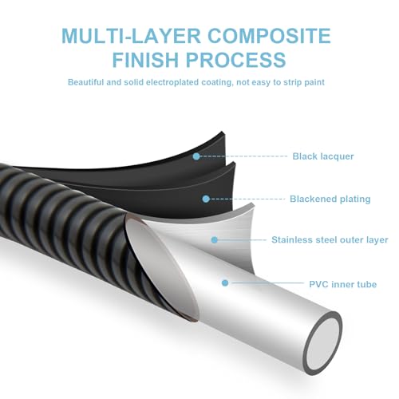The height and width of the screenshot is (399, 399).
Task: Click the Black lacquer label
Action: [322, 156]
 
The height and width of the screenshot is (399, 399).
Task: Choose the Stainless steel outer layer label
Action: [330, 239]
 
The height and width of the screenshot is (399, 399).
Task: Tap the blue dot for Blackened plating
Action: [205, 199]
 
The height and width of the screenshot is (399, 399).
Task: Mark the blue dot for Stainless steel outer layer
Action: [214, 239]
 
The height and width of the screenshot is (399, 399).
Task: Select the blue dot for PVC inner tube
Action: [226, 283]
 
